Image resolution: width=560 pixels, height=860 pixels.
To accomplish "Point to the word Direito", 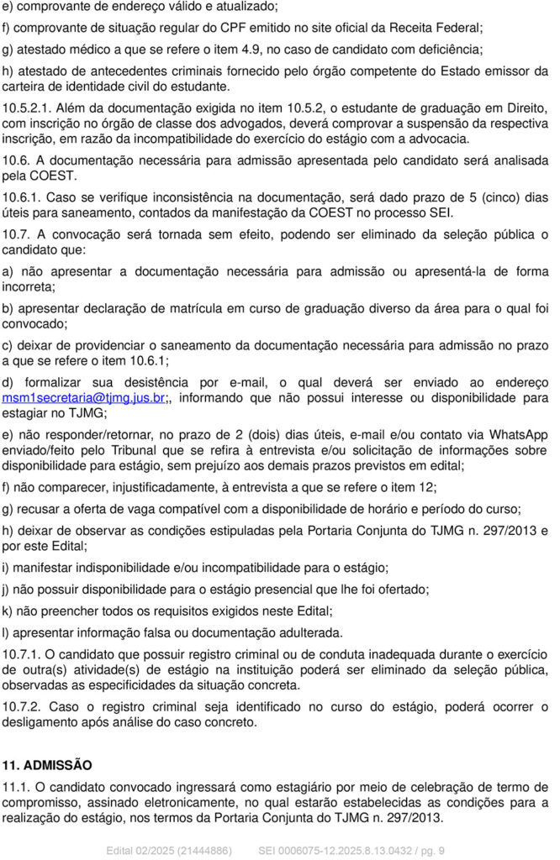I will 525,107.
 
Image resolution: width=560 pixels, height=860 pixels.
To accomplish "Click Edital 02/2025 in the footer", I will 139,851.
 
